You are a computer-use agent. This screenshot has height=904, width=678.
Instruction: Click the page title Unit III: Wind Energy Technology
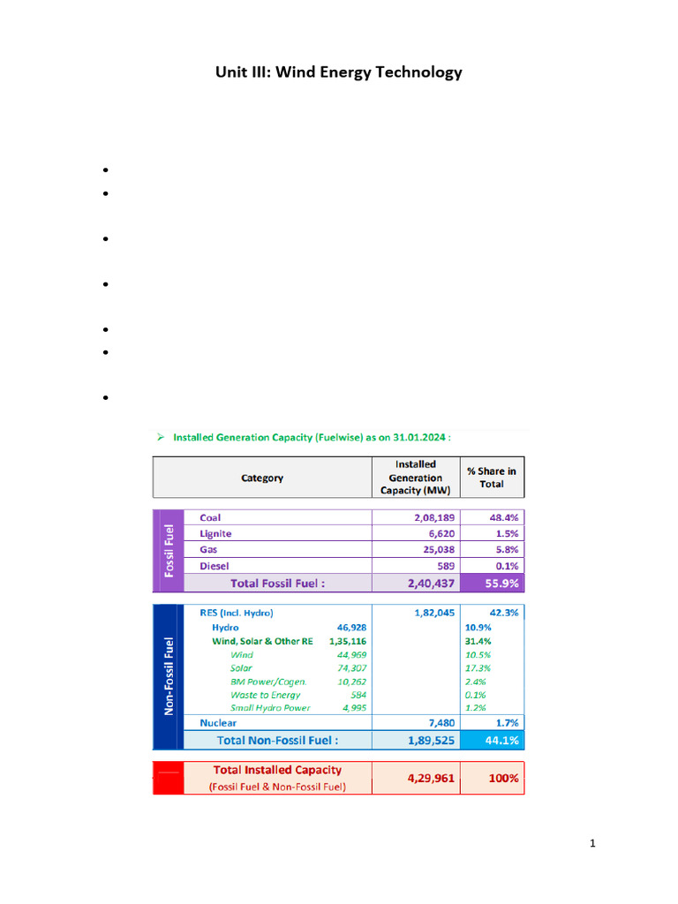(x=339, y=72)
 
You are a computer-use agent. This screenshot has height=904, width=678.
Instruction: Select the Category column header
(x=262, y=478)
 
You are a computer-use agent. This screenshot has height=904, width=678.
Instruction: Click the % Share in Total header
(x=492, y=478)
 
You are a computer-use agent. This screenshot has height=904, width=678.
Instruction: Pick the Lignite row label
(x=217, y=533)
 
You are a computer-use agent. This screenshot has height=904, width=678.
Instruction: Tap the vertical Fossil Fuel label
(x=168, y=550)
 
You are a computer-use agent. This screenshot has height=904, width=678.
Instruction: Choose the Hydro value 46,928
(x=349, y=627)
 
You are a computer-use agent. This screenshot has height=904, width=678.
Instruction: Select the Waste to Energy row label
(x=265, y=695)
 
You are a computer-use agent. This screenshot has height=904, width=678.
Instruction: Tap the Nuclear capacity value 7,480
(x=438, y=723)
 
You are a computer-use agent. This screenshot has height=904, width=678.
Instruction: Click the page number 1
(x=593, y=844)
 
